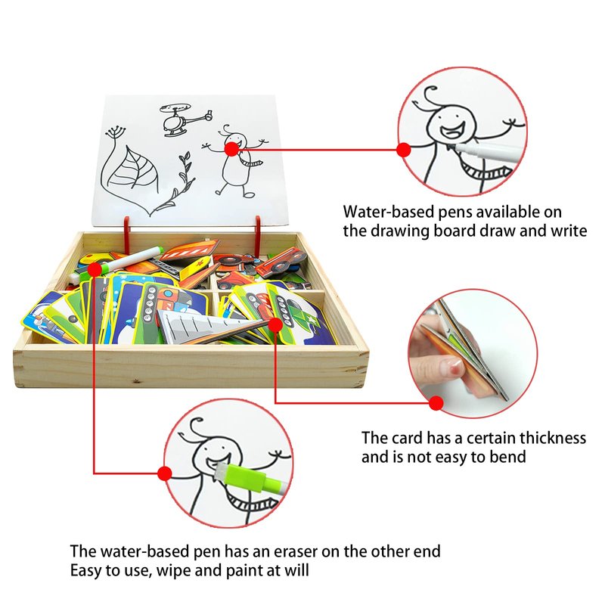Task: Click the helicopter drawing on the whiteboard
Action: tap(185, 119)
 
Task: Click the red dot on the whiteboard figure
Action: tap(231, 149)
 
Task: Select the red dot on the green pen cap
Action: tap(95, 269)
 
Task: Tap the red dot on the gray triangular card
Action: tap(275, 325)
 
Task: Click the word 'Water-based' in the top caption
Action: tap(389, 212)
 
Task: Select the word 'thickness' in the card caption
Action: tap(553, 438)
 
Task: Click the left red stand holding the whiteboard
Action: tap(126, 231)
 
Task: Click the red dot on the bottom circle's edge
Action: tap(165, 473)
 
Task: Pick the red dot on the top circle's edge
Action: tap(404, 150)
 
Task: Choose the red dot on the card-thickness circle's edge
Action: tap(436, 404)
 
